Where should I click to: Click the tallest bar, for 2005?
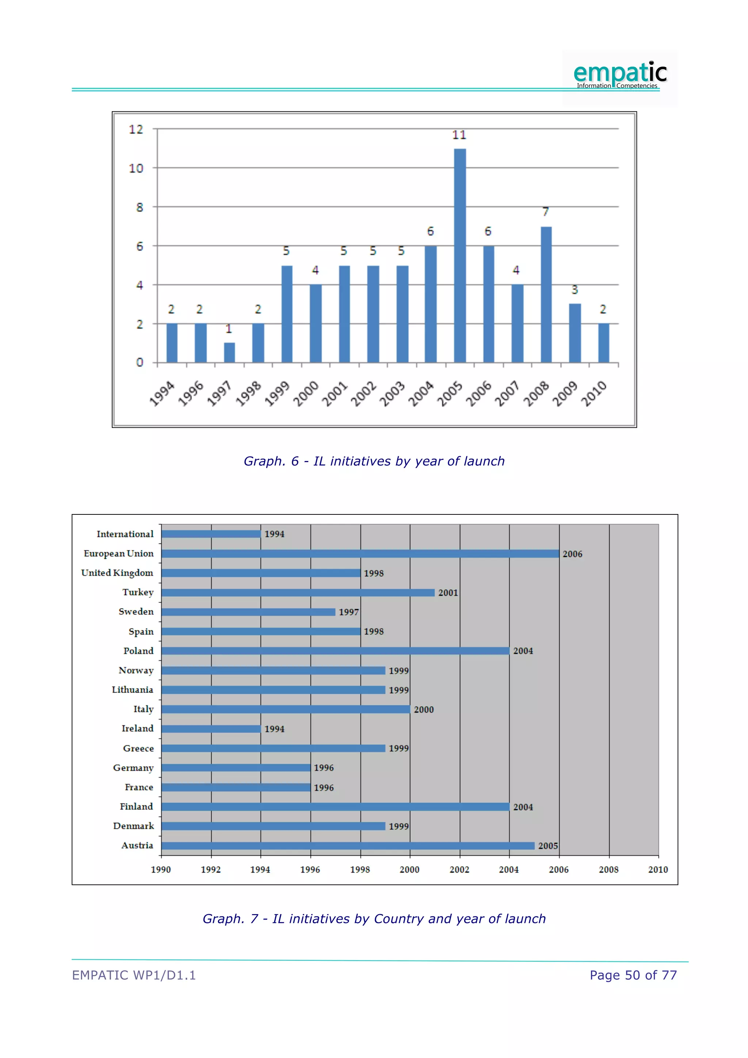pyautogui.click(x=460, y=255)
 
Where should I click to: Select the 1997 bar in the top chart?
pyautogui.click(x=229, y=353)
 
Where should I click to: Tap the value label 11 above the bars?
pyautogui.click(x=459, y=135)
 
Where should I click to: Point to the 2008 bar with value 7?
pyautogui.click(x=546, y=294)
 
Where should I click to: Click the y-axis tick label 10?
pyautogui.click(x=136, y=168)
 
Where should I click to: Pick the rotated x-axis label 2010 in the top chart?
pyautogui.click(x=594, y=393)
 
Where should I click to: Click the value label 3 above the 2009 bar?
pyautogui.click(x=575, y=290)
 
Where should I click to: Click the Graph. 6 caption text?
pyautogui.click(x=374, y=461)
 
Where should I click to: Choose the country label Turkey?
pyautogui.click(x=138, y=592)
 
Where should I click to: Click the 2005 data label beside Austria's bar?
pyautogui.click(x=547, y=846)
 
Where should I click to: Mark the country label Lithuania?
pyautogui.click(x=132, y=690)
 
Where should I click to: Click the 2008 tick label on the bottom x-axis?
pyautogui.click(x=608, y=869)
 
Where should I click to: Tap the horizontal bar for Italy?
pyautogui.click(x=286, y=709)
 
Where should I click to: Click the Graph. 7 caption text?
pyautogui.click(x=374, y=919)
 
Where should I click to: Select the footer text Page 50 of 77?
pyautogui.click(x=633, y=975)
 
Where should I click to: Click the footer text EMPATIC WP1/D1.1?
pyautogui.click(x=134, y=975)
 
